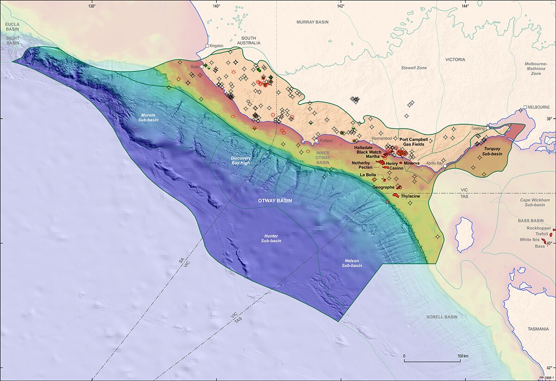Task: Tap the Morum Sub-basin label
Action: (x=149, y=117)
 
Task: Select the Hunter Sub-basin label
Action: (x=270, y=238)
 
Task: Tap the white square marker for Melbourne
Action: (x=525, y=107)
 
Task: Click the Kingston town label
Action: (x=216, y=46)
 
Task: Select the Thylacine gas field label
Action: (x=410, y=196)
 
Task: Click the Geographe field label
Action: (x=383, y=187)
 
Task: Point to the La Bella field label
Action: (x=368, y=175)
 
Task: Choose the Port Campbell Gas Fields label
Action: (x=414, y=142)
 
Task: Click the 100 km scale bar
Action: (x=432, y=361)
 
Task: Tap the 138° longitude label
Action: (x=91, y=6)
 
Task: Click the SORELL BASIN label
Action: (x=442, y=317)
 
